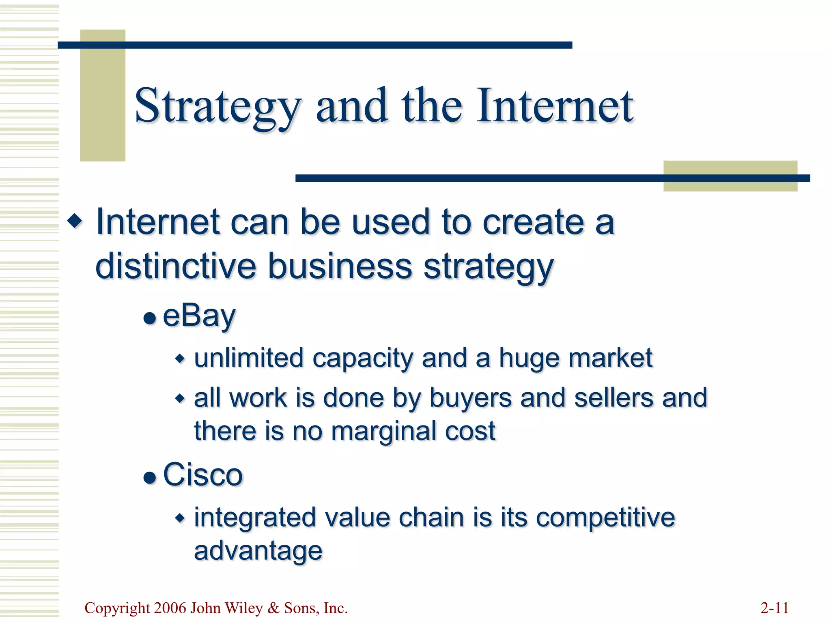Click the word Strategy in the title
point(217,106)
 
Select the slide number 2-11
point(774,608)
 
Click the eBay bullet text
point(199,316)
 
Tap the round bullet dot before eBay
point(150,318)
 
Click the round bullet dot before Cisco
point(150,477)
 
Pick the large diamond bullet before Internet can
point(75,221)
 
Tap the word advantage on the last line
point(258,550)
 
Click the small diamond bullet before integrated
point(180,518)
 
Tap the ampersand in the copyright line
point(274,608)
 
